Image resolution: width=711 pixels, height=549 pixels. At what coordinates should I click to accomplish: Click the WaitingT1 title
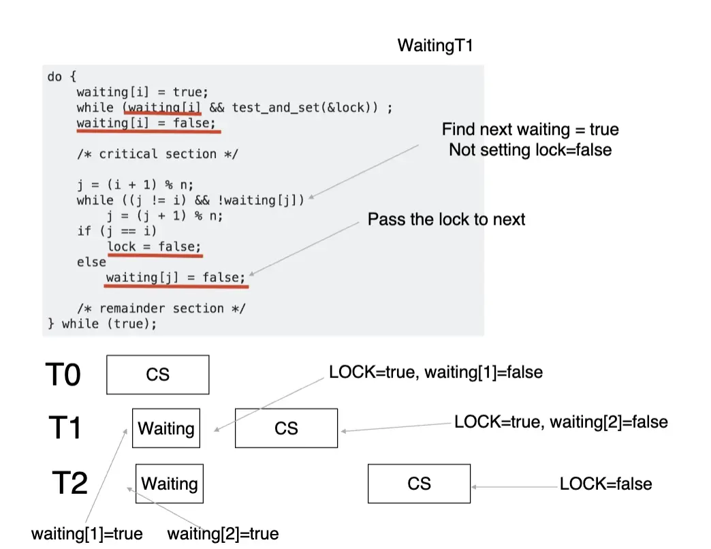(434, 46)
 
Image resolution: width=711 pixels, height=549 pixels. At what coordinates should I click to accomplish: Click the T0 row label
(63, 375)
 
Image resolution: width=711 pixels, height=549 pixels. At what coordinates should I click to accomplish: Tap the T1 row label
(65, 428)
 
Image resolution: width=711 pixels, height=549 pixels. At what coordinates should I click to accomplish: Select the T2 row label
(70, 483)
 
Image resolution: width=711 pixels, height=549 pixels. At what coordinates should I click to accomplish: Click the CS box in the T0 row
(158, 375)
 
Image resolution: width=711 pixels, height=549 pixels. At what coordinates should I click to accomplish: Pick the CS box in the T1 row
(286, 428)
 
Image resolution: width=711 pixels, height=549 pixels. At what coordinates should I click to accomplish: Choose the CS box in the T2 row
(419, 484)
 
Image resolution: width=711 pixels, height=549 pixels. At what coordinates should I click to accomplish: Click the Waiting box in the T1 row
(166, 428)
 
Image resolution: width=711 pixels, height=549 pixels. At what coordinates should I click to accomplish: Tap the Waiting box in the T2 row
(170, 484)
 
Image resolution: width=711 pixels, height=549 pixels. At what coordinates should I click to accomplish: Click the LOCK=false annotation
(605, 484)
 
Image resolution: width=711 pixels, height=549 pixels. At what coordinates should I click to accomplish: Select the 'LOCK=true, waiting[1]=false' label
(436, 373)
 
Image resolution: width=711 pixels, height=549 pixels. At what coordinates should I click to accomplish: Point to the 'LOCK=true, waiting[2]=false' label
(560, 422)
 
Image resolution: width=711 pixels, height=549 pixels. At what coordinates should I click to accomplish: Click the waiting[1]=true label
(87, 533)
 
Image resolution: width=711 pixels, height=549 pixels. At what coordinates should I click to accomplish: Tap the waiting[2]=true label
(223, 533)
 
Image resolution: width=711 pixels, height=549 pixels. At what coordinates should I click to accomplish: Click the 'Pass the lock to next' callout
(446, 219)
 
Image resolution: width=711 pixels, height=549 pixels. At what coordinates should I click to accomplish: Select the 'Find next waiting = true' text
(530, 129)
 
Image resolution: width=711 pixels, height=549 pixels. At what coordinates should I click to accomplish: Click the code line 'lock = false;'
(154, 247)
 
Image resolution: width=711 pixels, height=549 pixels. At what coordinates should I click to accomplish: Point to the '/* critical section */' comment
(157, 154)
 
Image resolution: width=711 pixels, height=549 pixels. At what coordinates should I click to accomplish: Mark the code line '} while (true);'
(102, 324)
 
